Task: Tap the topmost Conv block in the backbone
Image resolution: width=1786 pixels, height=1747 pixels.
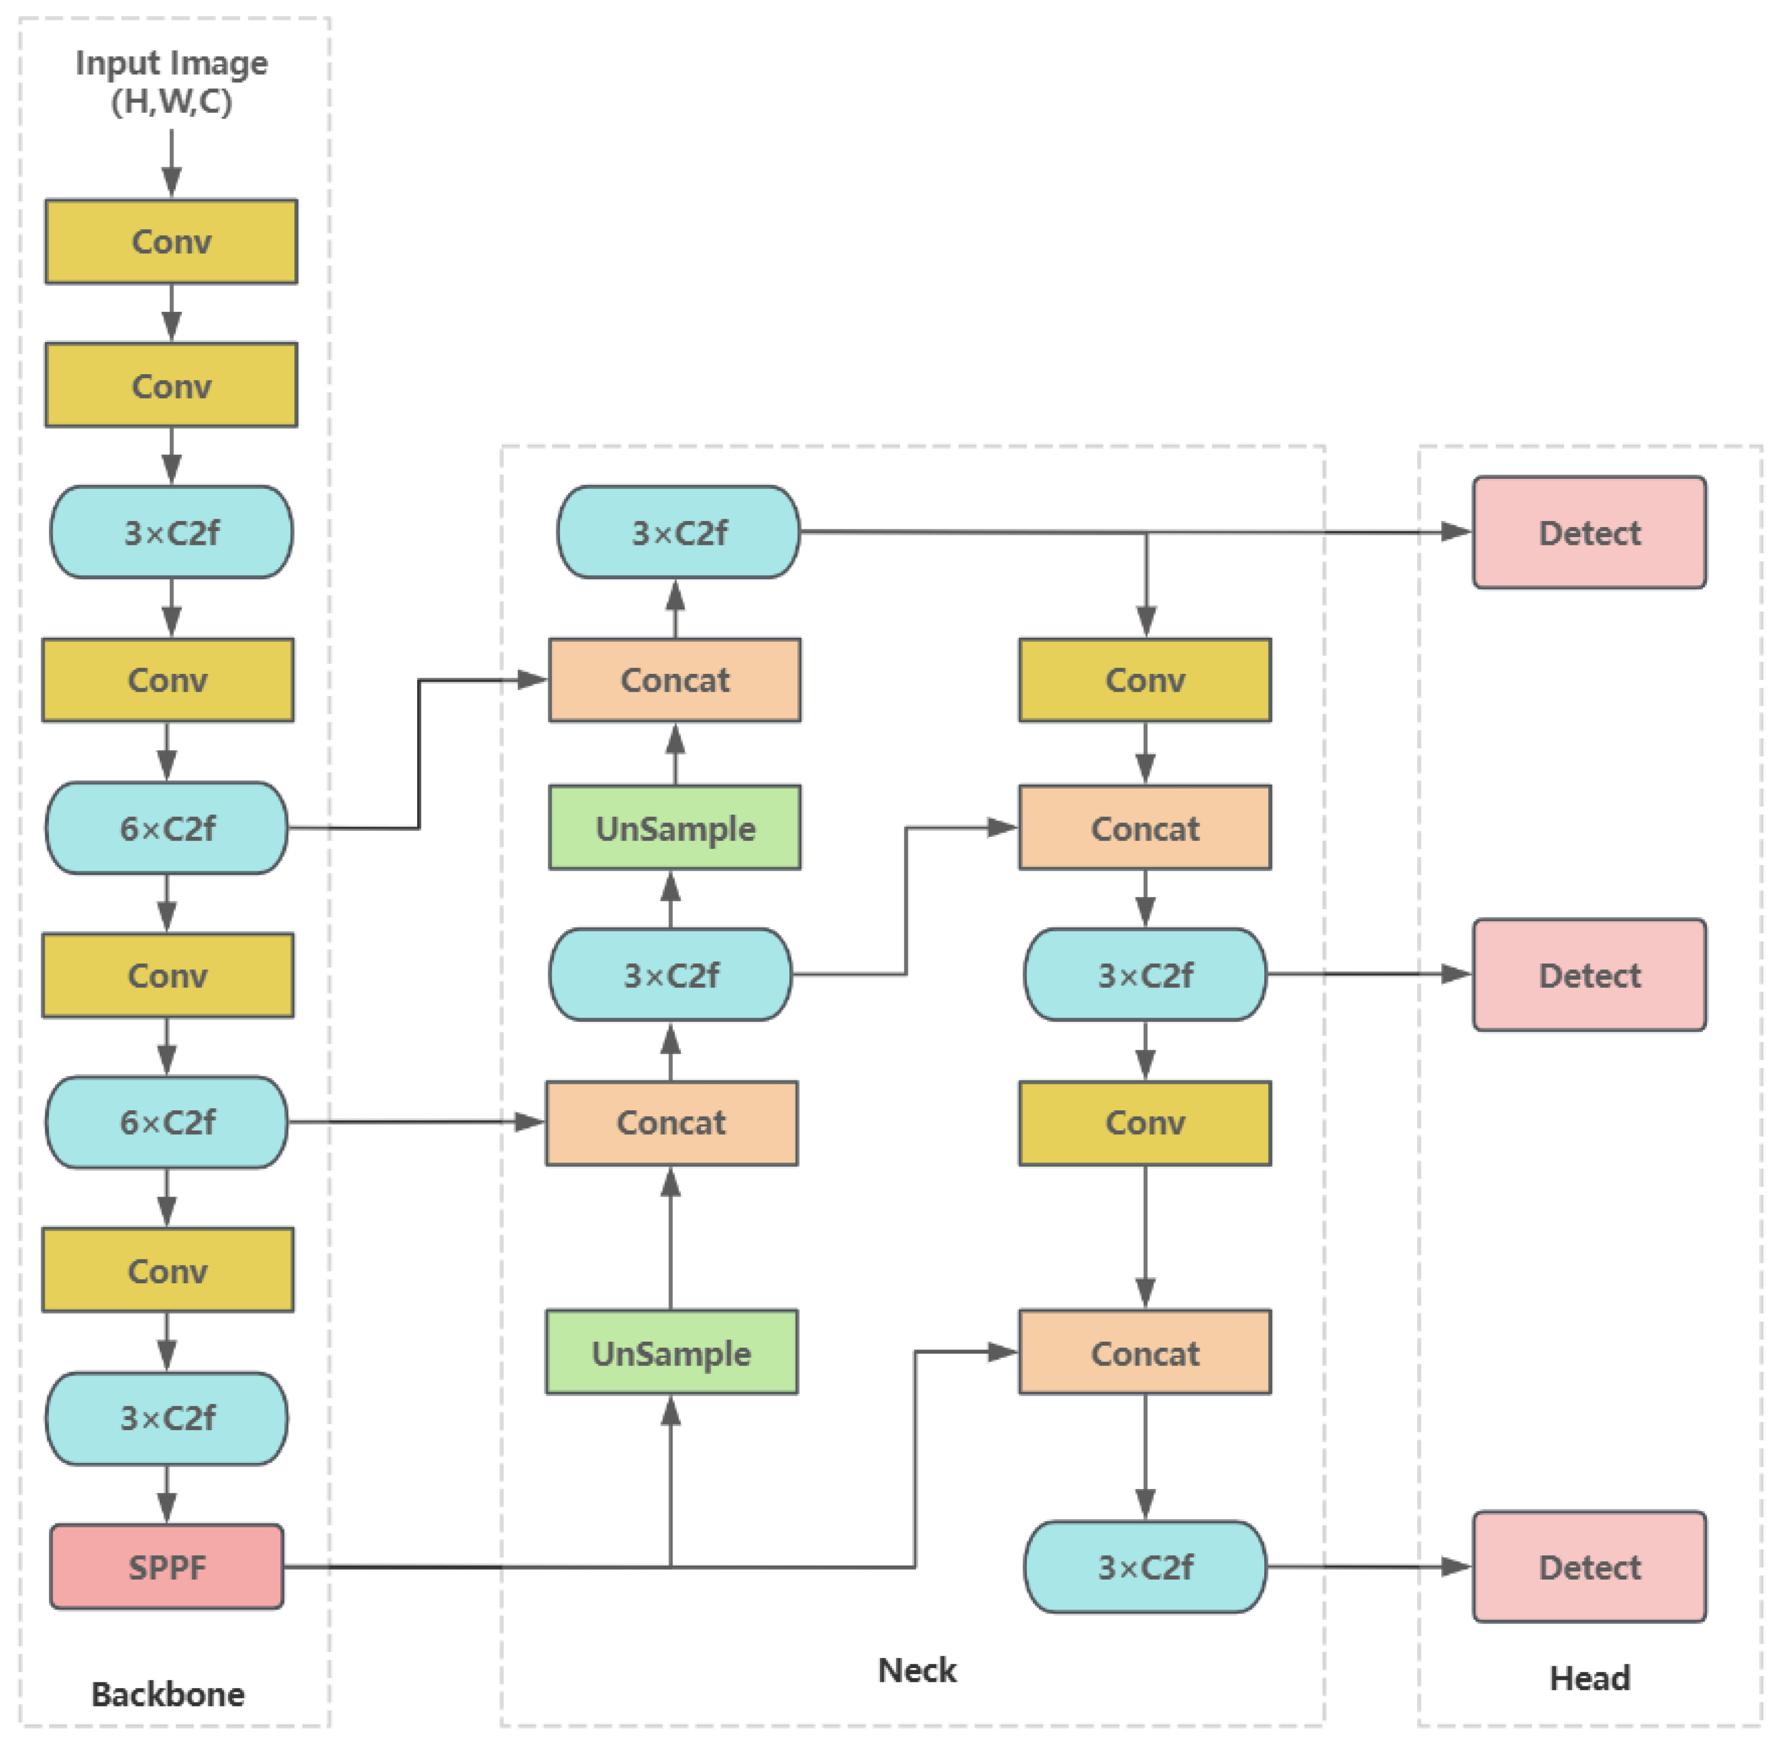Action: pyautogui.click(x=172, y=241)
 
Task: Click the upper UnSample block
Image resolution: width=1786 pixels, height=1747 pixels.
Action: pyautogui.click(x=675, y=827)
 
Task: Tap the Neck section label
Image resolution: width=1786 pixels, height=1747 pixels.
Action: pyautogui.click(x=916, y=1670)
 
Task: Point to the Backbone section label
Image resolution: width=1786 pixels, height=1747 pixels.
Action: pyautogui.click(x=168, y=1694)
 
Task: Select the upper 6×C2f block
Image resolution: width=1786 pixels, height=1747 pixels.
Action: pyautogui.click(x=167, y=827)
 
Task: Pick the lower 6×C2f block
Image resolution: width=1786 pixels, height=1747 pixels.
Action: pyautogui.click(x=167, y=1121)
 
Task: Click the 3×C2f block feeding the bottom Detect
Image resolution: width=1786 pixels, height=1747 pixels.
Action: pyautogui.click(x=1145, y=1566)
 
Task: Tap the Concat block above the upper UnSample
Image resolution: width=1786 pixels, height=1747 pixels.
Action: pyautogui.click(x=675, y=680)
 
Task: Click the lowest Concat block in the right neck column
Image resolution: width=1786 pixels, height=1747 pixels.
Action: pyautogui.click(x=1145, y=1352)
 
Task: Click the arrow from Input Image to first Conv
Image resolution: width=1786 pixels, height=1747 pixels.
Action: pyautogui.click(x=172, y=161)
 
